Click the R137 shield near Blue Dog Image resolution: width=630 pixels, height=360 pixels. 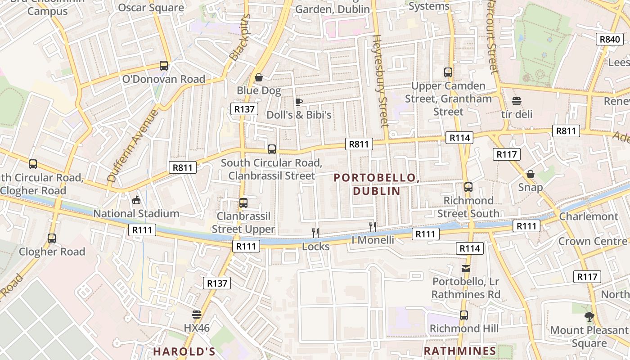pos(245,109)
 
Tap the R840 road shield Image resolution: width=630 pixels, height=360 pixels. pos(610,39)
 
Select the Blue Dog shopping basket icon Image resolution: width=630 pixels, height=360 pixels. pos(259,78)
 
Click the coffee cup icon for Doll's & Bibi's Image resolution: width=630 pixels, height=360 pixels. pos(298,102)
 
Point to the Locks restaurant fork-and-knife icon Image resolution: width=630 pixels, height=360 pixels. pos(315,233)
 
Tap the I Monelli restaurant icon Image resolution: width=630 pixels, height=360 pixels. pos(372,226)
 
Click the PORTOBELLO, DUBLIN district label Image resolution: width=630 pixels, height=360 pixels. pos(376,184)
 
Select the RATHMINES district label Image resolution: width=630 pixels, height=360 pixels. pos(460,351)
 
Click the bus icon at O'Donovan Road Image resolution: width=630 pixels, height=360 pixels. pos(164,66)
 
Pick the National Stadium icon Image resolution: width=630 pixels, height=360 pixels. pos(136,200)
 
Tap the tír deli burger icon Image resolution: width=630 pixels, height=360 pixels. pos(516,101)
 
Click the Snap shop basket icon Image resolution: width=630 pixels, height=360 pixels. pos(531,174)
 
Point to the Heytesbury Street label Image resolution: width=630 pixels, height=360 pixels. pos(380,81)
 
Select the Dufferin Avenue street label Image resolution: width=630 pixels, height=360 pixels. pos(133,145)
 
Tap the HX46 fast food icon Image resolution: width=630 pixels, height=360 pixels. pos(197,314)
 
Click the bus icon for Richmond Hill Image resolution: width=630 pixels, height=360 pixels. pos(464,315)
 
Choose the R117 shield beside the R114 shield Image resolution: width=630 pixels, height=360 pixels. pos(507,154)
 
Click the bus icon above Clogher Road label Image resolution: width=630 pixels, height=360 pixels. pos(52,238)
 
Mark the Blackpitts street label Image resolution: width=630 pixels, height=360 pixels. pos(240,37)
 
